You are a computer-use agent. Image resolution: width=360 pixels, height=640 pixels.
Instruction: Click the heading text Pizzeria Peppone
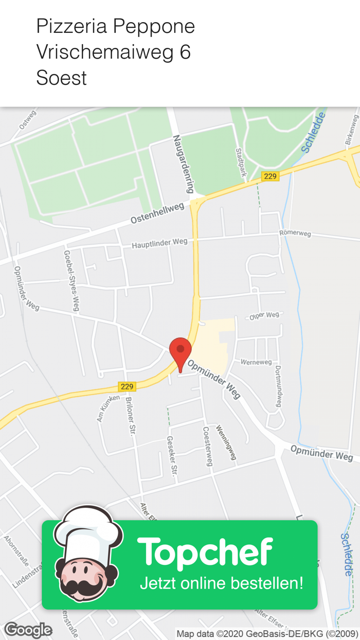116,26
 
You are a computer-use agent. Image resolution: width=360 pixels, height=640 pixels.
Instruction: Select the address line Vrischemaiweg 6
114,52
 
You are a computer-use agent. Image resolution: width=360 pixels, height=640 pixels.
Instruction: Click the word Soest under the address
62,78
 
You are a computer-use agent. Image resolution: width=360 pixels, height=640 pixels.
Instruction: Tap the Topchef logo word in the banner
205,552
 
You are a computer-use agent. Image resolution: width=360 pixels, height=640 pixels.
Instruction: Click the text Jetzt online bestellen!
222,583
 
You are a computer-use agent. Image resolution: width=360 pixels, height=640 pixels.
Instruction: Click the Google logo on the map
28,630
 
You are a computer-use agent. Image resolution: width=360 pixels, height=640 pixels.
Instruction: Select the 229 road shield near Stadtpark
269,176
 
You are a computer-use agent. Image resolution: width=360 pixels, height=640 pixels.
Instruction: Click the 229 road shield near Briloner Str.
127,386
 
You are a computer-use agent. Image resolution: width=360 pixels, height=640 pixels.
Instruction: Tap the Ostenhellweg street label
157,214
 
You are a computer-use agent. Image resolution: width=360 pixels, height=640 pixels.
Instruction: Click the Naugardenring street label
183,164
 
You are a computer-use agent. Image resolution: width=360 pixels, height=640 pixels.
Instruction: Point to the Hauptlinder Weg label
159,243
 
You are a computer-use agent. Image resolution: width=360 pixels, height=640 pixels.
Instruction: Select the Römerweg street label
295,234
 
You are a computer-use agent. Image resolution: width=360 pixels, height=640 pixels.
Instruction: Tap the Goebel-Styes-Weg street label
71,280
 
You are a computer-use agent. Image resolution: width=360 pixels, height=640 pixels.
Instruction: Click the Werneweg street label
256,362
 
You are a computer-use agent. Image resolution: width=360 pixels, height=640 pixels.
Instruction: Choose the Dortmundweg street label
278,386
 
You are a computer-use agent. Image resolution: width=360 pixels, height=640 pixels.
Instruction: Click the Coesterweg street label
208,446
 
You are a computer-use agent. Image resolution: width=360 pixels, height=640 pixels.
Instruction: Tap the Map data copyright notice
267,633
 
